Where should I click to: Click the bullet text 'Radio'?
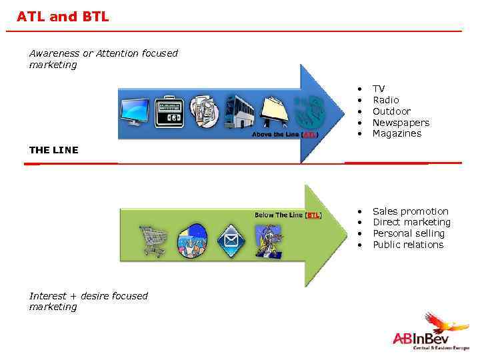pos(385,100)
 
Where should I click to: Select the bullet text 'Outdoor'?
pos(391,111)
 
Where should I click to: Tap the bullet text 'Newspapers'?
pos(401,123)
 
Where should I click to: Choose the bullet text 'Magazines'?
pos(397,133)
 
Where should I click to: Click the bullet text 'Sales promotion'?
pos(410,211)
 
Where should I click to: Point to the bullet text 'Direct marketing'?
pos(411,222)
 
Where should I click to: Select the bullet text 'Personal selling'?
pos(408,233)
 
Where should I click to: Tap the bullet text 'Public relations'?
pos(407,245)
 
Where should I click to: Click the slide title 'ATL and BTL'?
pos(63,16)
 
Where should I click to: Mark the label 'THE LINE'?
pos(53,150)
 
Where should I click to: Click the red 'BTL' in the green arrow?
pos(313,215)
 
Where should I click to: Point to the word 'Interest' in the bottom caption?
pos(49,296)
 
